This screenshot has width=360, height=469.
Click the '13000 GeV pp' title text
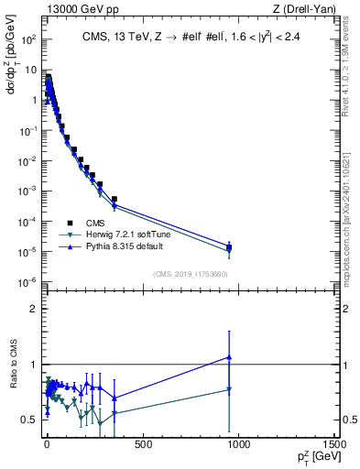tap(73, 8)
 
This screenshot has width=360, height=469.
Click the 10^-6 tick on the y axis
tap(27, 281)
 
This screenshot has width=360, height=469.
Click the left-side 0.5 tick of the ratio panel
tap(29, 420)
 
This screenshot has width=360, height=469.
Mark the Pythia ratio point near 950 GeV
tap(229, 357)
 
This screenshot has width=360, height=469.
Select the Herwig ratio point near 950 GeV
tap(229, 389)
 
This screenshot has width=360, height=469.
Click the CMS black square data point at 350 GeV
tap(115, 199)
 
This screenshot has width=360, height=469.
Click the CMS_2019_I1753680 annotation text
tap(190, 273)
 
